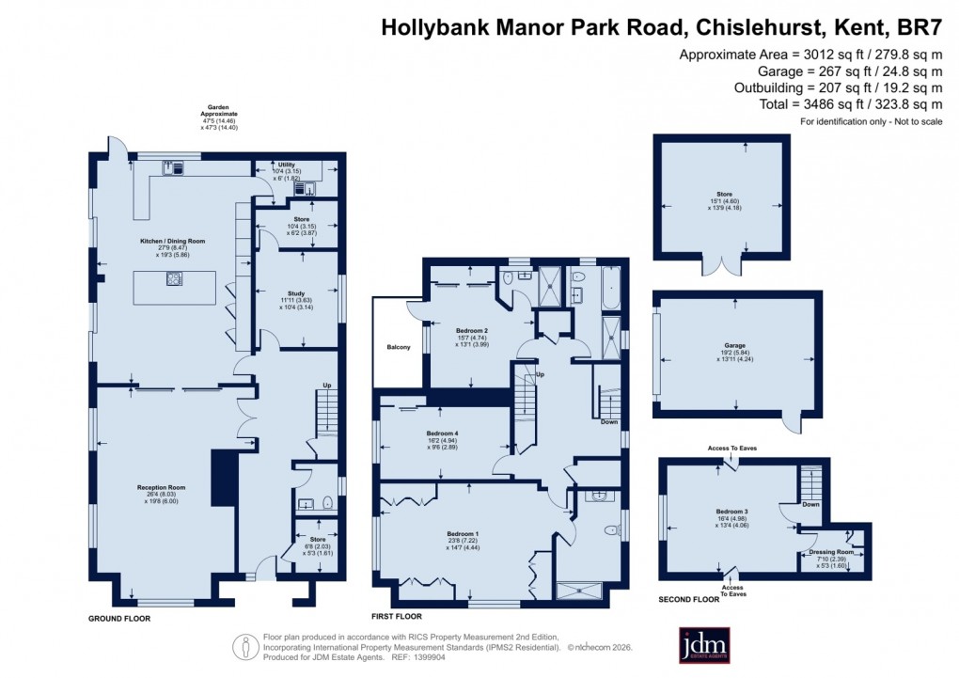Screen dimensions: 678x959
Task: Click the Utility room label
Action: point(287,165)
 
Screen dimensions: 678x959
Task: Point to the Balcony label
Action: point(399,348)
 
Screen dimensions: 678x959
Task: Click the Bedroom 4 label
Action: point(441,434)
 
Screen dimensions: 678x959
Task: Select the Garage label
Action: point(735,345)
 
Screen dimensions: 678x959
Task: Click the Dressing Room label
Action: point(831,552)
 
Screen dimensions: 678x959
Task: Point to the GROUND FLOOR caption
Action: point(119,619)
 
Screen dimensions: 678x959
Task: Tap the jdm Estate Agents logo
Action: point(704,645)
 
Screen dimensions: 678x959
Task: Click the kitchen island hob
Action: point(174,278)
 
